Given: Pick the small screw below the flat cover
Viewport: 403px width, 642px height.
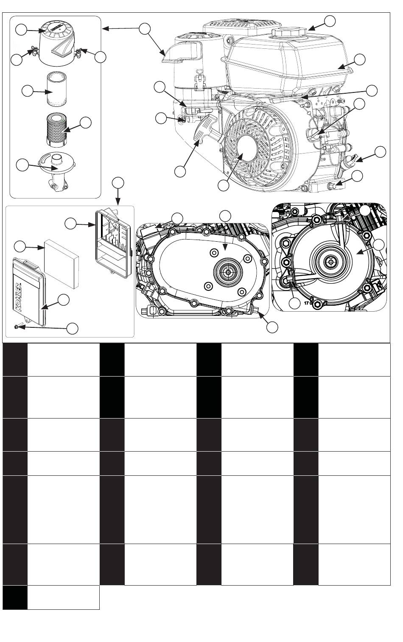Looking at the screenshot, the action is (x=16, y=326).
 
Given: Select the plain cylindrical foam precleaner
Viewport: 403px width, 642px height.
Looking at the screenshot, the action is (x=56, y=89).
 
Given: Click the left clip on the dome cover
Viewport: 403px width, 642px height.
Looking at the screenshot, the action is (x=33, y=53).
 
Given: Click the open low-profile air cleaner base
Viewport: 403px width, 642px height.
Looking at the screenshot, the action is (x=111, y=242).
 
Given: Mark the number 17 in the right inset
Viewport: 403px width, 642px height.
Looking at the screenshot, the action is (x=308, y=304).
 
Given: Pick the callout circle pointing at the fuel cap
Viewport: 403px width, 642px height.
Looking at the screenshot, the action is (x=330, y=20).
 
